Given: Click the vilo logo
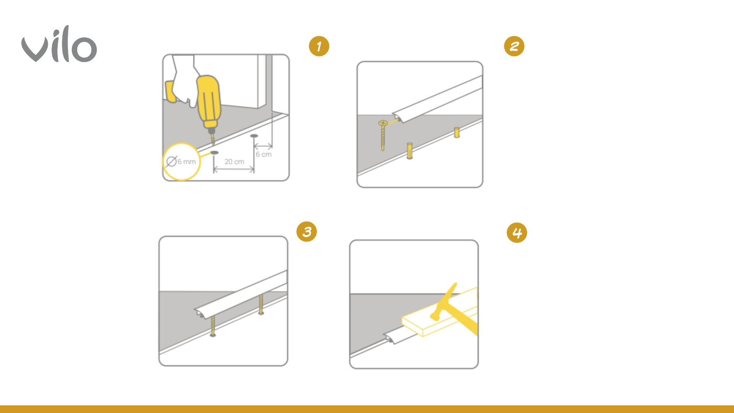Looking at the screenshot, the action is (59, 44).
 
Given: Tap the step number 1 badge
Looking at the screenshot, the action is (319, 46).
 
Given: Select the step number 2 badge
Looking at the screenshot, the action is (514, 46).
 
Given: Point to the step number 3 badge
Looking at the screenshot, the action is (307, 231).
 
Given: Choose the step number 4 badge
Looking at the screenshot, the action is (517, 233).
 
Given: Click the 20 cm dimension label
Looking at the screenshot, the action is (234, 162).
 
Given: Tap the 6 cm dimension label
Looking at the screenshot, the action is (264, 154).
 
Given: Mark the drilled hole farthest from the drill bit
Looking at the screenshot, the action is (254, 136).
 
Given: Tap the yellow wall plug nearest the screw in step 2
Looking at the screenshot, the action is (409, 151).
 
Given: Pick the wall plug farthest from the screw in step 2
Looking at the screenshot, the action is (456, 132).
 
